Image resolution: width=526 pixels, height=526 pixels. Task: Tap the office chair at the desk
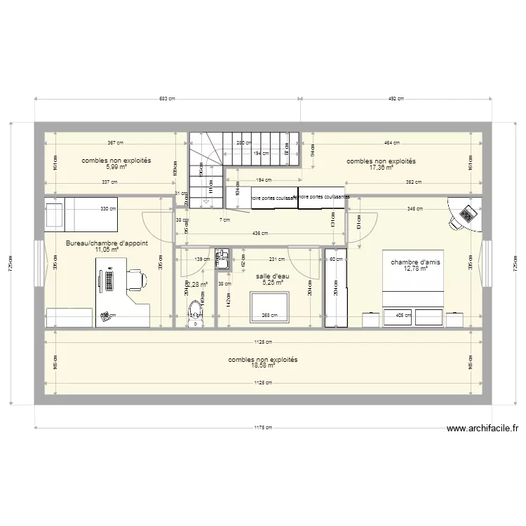coord(138,280)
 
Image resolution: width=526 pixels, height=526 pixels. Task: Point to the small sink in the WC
coord(222,257)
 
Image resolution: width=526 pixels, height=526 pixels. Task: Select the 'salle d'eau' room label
coord(272,276)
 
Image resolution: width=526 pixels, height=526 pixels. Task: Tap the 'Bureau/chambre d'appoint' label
coord(107,243)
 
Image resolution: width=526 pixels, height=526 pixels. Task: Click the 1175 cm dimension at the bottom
coord(262,427)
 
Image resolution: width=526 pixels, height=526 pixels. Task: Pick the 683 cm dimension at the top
coord(167,99)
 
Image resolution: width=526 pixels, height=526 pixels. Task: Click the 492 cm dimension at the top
coord(396,99)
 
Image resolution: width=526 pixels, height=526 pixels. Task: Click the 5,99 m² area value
coord(116,168)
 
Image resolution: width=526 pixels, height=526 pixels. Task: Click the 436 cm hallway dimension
coord(259,233)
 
